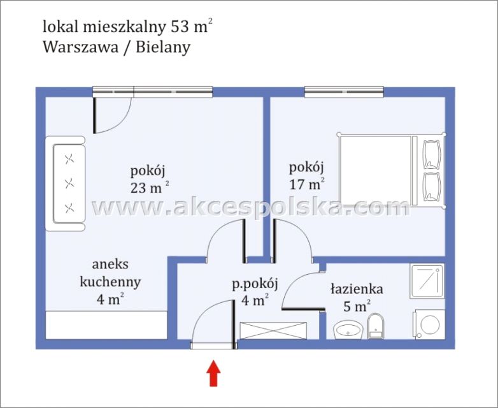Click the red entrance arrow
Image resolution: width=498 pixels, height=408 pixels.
click(214, 374)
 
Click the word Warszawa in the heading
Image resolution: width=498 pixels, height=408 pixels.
click(80, 47)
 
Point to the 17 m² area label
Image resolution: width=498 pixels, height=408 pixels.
click(307, 185)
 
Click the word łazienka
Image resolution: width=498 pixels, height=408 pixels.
click(356, 289)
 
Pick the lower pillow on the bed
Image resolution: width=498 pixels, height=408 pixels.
click(432, 186)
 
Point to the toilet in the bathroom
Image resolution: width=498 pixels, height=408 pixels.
click(377, 324)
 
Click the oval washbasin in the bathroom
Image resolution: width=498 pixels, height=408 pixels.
click(348, 329)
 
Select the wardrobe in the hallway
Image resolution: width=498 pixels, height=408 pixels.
click(273, 331)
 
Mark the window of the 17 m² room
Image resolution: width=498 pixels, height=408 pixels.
click(345, 92)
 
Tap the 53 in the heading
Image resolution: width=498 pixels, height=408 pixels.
click(181, 27)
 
